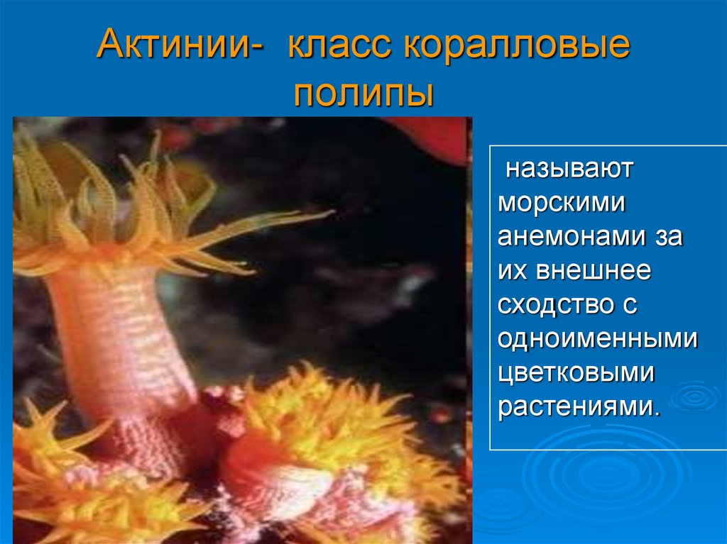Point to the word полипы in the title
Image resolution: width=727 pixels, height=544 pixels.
(363, 93)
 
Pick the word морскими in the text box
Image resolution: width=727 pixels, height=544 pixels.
(561, 204)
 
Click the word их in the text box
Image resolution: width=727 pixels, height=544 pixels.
(512, 270)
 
